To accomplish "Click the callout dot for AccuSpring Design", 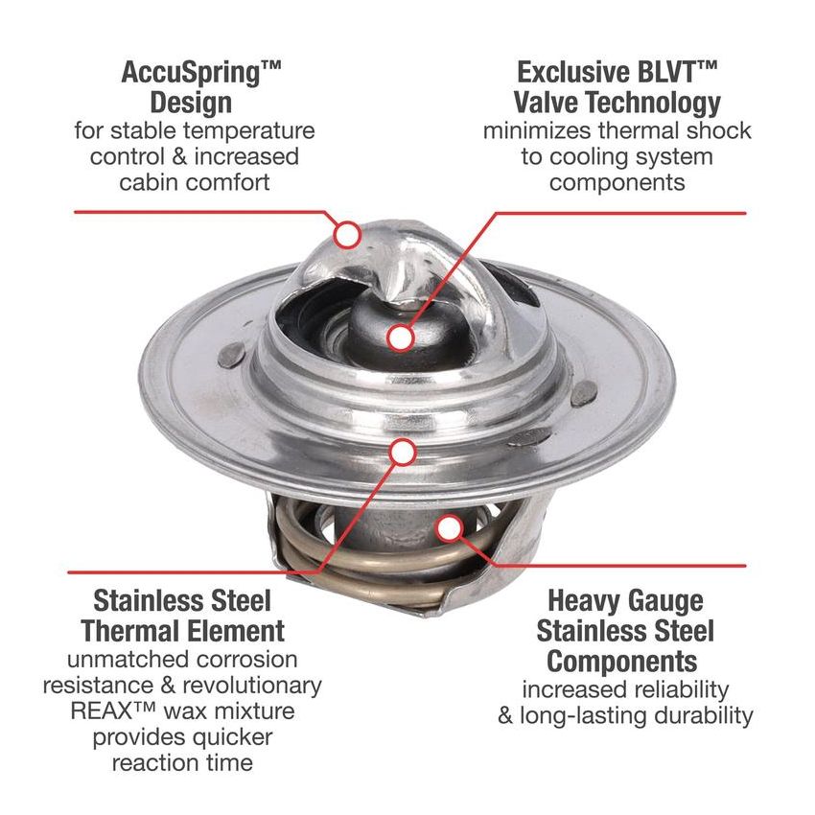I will pyautogui.click(x=347, y=232).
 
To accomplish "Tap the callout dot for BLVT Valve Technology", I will pyautogui.click(x=402, y=338).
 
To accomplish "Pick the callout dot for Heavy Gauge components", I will pyautogui.click(x=447, y=525).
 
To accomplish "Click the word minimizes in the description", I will pyautogui.click(x=543, y=130).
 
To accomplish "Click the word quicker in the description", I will pyautogui.click(x=227, y=737).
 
